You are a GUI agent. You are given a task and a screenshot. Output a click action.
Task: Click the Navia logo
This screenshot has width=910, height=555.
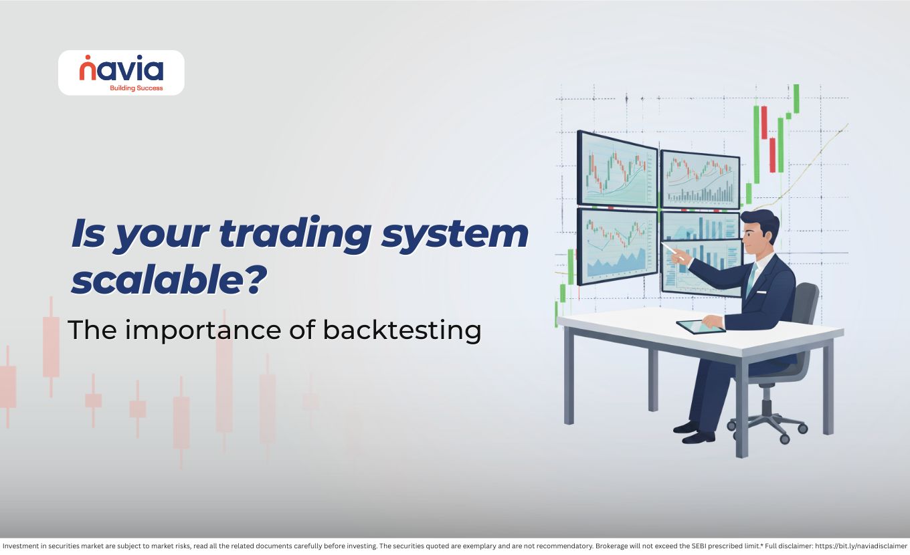point(121,73)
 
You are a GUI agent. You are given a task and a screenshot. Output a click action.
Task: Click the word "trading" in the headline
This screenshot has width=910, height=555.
point(295,234)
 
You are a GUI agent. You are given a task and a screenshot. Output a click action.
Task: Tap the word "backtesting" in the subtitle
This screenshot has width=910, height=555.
point(401,330)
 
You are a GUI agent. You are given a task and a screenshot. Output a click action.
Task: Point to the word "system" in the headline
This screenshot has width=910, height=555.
point(454,235)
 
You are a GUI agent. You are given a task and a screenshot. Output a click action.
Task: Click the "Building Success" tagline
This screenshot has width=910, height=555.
point(136,88)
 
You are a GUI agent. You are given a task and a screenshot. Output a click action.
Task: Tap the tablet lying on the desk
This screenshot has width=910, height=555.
point(701,326)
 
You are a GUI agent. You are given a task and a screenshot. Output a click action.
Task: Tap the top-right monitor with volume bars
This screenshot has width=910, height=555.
point(700,180)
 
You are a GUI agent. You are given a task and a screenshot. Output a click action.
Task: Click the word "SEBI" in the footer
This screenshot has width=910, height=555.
point(699,546)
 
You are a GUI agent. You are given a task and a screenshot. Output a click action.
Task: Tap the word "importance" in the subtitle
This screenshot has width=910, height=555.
point(203,330)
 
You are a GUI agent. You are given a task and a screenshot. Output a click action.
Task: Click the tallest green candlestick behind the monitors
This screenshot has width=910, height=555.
point(756,144)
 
